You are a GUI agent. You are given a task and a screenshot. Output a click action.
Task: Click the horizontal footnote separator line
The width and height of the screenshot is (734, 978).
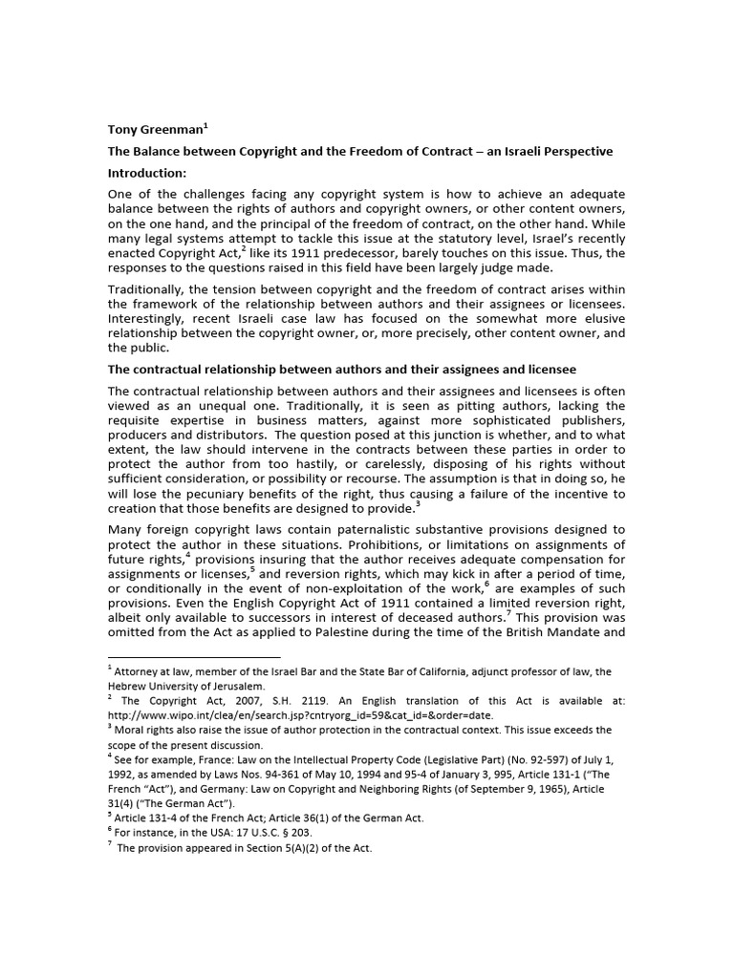click(x=193, y=657)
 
